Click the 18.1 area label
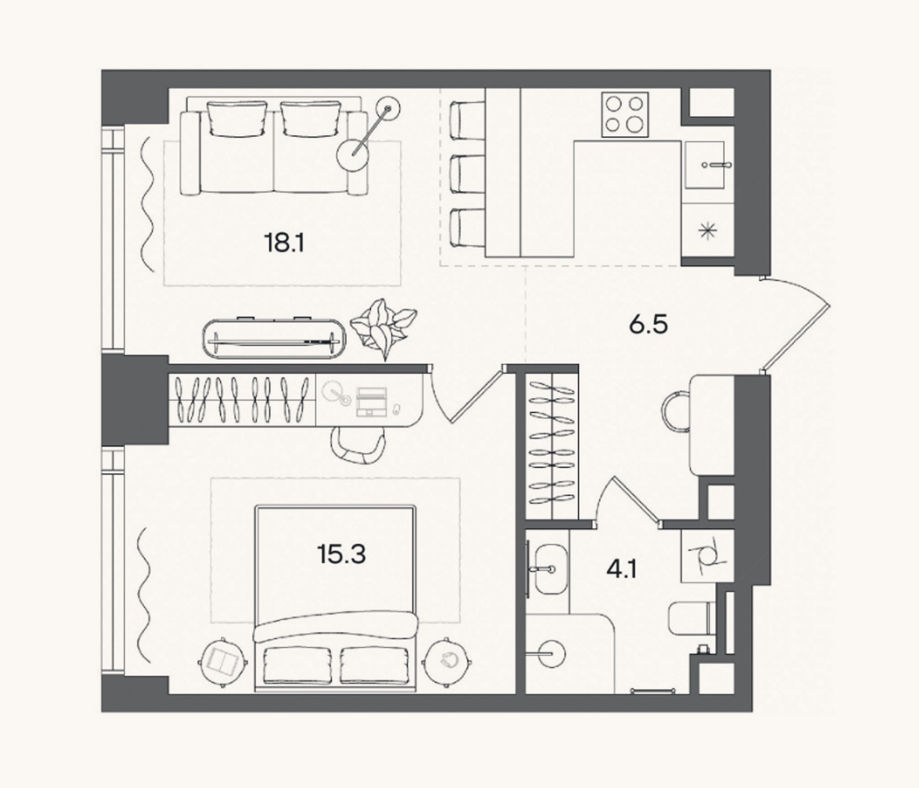pos(284,244)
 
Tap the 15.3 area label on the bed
pos(341,555)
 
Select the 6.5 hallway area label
pos(648,325)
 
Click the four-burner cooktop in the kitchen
pos(625,114)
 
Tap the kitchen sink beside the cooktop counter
pos(705,165)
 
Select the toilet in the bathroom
pos(692,618)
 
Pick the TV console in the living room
pos(274,339)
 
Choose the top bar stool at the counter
pos(467,120)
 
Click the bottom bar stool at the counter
pos(467,228)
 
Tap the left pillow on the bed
pos(298,665)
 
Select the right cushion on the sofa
pos(311,119)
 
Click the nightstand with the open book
pos(223,663)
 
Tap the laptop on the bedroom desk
pos(372,401)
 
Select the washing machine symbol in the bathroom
pos(707,556)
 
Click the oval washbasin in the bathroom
pos(551,570)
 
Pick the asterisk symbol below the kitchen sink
pos(708,231)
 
